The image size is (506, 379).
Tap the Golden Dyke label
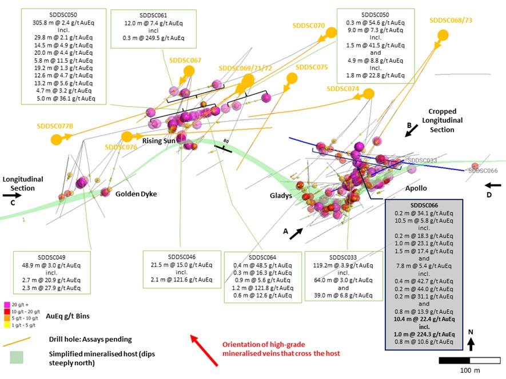point(136,194)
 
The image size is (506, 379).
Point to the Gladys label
point(281,196)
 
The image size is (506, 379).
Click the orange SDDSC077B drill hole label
point(57,126)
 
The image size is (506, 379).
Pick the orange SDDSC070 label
point(308,26)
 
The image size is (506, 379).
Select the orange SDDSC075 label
point(312,67)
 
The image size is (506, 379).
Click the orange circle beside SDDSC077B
point(57,139)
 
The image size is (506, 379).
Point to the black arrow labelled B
point(411,131)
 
